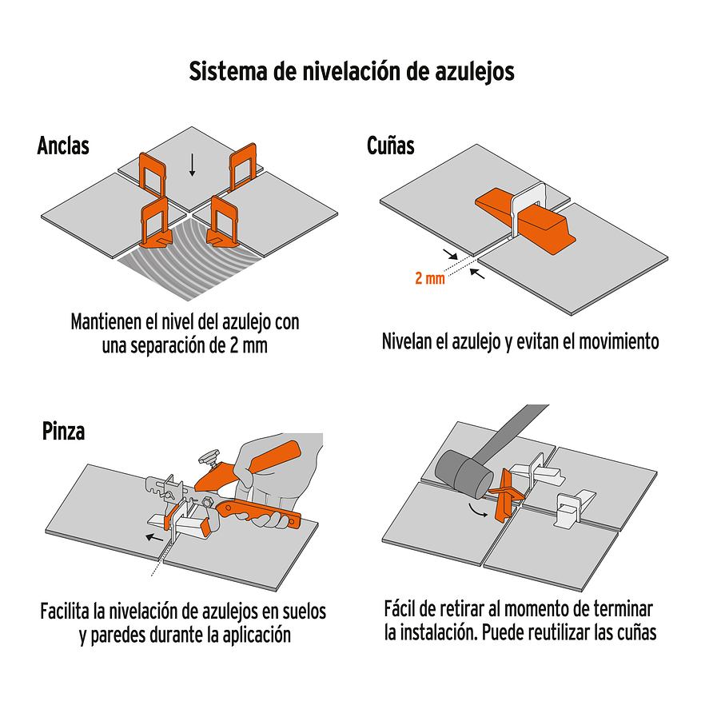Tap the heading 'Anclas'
[x=63, y=146]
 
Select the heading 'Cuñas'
[x=390, y=146]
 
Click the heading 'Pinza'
[x=63, y=432]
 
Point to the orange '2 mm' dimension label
[x=430, y=279]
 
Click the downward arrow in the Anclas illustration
[x=192, y=163]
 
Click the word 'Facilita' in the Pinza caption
[x=65, y=612]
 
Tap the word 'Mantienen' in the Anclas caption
[x=107, y=324]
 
